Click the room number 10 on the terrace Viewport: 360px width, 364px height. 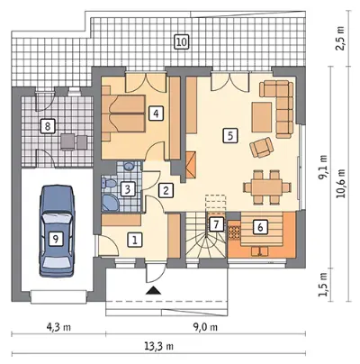(181, 41)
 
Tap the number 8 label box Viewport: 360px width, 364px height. (48, 126)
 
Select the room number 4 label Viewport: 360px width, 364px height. (156, 114)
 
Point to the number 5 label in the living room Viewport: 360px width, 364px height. (230, 136)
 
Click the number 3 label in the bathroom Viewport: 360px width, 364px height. (127, 189)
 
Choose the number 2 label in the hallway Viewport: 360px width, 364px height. (166, 190)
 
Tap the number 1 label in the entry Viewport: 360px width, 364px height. (135, 240)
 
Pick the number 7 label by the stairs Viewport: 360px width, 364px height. (217, 223)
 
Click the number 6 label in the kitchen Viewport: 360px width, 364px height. (260, 227)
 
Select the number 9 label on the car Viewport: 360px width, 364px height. (55, 239)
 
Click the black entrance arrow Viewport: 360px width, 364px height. (153, 290)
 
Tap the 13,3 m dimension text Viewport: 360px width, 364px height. (160, 346)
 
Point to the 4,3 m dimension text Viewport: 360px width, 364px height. (58, 327)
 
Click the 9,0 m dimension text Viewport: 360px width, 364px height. (205, 327)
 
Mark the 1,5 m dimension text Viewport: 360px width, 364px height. (322, 284)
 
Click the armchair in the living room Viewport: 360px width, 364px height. (261, 147)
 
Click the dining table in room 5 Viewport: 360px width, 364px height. (267, 187)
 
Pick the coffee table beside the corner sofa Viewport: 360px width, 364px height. (262, 117)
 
